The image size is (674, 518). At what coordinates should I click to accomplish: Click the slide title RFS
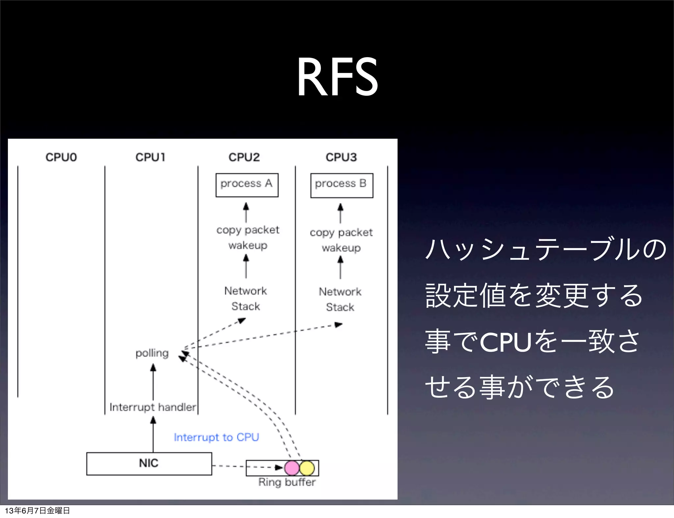[x=337, y=77]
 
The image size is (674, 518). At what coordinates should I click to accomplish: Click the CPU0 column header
[x=61, y=157]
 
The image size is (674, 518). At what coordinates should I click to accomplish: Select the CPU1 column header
[x=150, y=157]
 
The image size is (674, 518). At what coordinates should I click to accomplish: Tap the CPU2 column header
[x=244, y=157]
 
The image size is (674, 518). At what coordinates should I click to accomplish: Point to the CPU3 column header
[x=341, y=157]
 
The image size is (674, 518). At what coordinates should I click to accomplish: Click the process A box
[x=247, y=185]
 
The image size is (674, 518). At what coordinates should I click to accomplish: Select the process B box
[x=342, y=185]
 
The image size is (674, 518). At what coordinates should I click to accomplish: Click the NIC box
[x=149, y=463]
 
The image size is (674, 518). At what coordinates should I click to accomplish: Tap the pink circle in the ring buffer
[x=292, y=468]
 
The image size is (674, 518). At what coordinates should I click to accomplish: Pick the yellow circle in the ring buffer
[x=307, y=468]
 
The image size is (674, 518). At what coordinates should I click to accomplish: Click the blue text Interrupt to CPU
[x=216, y=437]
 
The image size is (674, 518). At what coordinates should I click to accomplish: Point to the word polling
[x=152, y=353]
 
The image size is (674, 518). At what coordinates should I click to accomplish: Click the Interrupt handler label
[x=153, y=407]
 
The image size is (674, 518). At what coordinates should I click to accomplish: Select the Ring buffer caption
[x=287, y=482]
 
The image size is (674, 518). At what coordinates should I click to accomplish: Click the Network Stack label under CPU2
[x=246, y=298]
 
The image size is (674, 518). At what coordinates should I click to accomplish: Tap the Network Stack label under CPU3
[x=340, y=299]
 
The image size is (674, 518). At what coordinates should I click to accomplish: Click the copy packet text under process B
[x=341, y=232]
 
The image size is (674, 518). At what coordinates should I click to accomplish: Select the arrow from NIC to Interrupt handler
[x=153, y=434]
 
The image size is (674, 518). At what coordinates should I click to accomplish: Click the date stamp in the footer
[x=37, y=510]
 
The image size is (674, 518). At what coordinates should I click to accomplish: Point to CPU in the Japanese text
[x=506, y=342]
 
